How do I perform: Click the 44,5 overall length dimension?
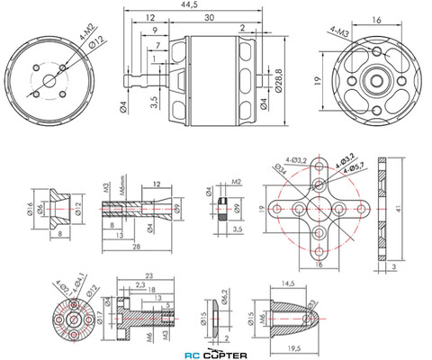(x=189, y=5)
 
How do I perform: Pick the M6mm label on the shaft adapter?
(x=119, y=190)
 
